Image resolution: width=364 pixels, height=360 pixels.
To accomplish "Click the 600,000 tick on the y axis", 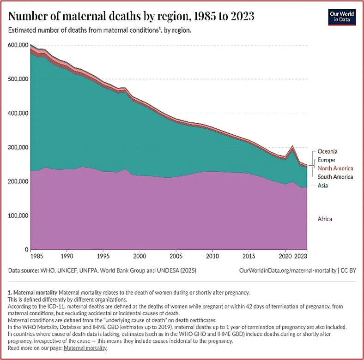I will [18, 45].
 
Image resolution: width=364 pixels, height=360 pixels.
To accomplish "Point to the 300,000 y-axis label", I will [18, 147].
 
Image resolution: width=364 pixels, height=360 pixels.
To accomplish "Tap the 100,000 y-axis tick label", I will [18, 216].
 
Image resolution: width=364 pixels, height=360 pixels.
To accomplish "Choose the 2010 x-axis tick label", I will [212, 254].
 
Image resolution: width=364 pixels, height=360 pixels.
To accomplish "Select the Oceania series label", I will [328, 151].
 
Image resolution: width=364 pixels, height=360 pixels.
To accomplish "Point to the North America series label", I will [335, 168].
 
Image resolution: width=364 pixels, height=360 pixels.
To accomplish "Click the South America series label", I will [335, 177].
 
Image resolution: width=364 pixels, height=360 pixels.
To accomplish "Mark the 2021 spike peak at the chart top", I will [292, 147].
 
